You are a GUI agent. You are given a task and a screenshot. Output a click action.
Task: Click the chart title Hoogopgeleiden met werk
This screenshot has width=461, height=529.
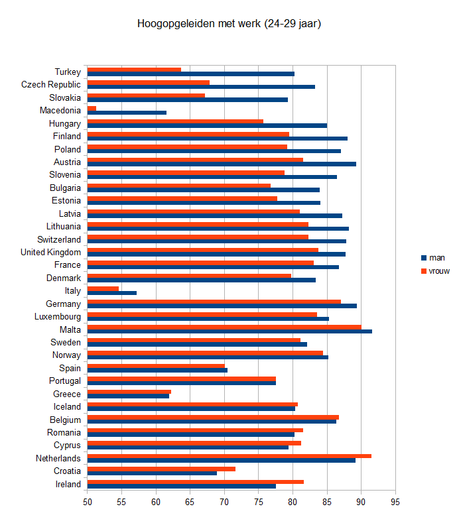230,24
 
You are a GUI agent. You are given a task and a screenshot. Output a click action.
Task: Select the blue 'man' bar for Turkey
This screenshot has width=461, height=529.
191,74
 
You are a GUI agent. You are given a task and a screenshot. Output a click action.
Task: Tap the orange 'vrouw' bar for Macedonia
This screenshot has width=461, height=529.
92,108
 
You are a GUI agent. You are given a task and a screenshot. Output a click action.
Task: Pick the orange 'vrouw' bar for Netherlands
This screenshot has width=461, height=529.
229,455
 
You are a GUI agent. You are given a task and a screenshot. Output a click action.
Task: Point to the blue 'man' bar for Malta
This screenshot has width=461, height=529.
230,331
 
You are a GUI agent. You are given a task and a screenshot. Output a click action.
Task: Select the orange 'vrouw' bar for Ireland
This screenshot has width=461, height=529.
196,481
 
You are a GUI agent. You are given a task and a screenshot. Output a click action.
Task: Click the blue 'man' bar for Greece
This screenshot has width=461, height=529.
128,396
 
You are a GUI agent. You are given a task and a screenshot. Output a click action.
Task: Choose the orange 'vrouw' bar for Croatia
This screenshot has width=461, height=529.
161,469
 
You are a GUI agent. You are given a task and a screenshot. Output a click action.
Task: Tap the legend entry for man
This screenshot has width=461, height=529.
435,258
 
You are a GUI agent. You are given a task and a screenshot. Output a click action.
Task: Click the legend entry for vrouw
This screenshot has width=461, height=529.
438,270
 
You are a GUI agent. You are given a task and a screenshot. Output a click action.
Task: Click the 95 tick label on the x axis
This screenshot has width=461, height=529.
395,502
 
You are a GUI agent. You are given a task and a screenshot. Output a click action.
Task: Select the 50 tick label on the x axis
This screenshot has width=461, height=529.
88,502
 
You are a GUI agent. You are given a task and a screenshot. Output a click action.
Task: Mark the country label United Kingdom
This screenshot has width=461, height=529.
51,252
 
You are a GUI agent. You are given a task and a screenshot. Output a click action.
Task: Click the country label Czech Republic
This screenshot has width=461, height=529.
51,84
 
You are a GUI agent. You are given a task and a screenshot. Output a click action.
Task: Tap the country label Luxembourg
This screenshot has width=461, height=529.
57,316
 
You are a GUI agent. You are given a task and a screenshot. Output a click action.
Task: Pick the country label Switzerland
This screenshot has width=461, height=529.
59,239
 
